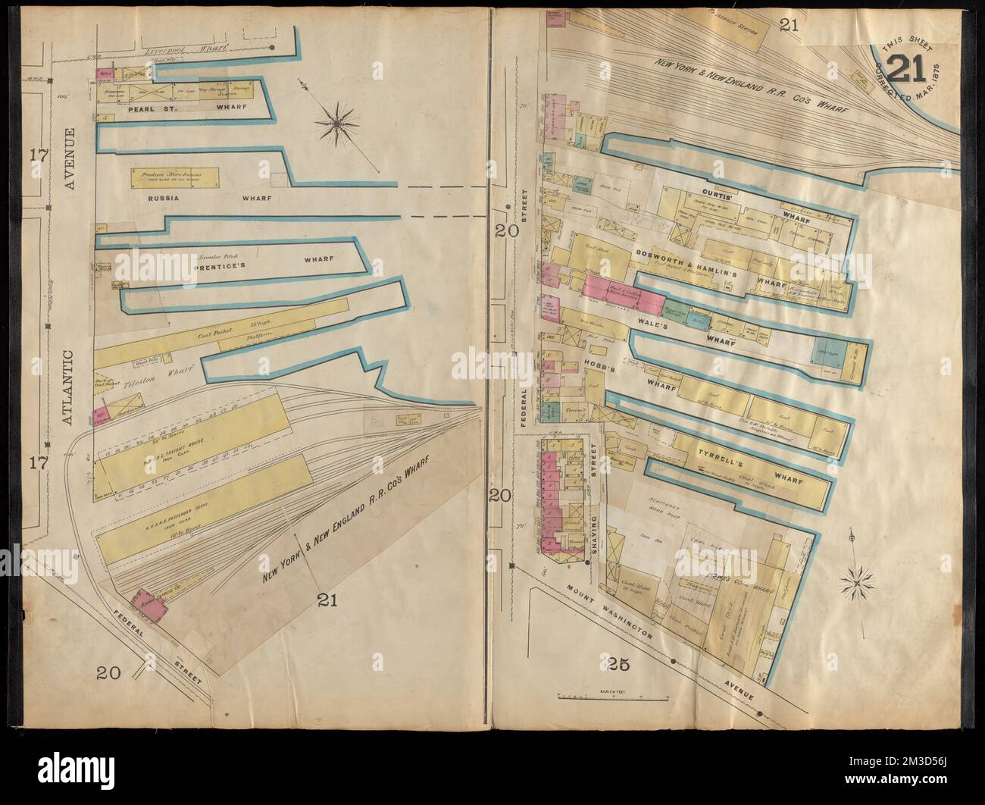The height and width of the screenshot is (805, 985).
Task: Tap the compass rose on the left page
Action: pos(338,121)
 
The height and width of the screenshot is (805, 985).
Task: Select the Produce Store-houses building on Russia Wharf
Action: pos(176,178)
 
